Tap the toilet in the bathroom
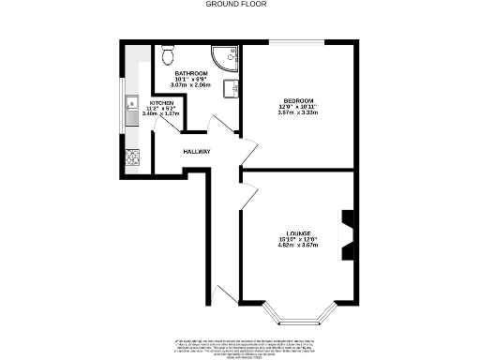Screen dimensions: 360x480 tap(168, 52)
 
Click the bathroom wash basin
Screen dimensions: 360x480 tap(234, 88)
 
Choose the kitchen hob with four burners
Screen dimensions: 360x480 tap(130, 158)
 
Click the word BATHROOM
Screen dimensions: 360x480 tap(189, 73)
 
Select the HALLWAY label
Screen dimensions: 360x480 tap(196, 152)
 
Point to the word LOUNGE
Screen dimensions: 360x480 tap(300, 232)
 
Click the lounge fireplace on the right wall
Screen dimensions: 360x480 tap(349, 232)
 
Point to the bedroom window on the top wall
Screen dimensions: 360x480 tap(298, 41)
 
